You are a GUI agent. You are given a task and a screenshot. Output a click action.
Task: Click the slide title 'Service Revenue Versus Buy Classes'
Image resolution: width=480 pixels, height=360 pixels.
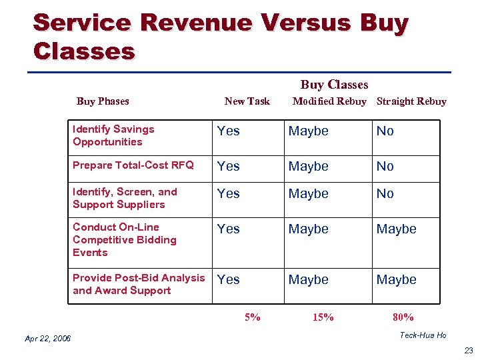220,37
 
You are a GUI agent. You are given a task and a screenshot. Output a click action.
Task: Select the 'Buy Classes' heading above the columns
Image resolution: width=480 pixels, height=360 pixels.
334,85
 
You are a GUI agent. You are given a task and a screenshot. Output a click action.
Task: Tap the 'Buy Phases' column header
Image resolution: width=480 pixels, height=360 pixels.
103,101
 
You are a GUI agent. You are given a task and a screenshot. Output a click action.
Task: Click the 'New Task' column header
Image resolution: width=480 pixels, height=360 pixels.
247,101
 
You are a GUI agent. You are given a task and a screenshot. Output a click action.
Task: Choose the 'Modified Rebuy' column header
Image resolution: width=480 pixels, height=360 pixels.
329,101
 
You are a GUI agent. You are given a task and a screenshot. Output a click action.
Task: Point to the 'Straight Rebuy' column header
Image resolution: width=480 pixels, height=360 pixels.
411,101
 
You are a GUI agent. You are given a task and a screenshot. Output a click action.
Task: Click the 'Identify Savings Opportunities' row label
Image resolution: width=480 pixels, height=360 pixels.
113,135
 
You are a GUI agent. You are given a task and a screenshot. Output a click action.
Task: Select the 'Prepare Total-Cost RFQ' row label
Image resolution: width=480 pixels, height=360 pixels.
133,165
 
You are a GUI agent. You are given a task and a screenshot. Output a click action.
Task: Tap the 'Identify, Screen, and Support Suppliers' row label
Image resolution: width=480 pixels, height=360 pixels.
125,198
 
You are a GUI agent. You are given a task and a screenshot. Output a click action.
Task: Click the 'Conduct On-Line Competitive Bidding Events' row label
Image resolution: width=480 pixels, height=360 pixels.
125,239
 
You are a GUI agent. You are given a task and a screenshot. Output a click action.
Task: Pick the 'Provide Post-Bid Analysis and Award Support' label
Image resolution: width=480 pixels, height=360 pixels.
139,284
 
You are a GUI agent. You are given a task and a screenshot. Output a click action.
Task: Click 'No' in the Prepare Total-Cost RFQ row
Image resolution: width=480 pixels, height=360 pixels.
385,166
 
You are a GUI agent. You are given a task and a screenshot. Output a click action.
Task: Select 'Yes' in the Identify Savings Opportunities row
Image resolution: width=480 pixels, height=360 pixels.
229,131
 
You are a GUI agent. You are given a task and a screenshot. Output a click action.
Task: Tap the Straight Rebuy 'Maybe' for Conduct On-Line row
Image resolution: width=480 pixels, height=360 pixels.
396,229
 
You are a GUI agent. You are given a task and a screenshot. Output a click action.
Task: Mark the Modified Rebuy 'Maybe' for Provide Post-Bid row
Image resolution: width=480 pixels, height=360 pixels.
308,280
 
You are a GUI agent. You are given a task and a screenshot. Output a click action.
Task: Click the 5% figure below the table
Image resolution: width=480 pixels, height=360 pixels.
252,317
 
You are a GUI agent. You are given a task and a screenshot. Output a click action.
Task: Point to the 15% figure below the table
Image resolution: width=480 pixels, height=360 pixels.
323,317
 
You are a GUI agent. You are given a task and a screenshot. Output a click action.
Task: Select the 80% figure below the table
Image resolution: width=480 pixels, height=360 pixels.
403,317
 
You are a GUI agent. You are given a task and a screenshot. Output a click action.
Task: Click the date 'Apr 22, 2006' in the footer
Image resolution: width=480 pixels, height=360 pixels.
48,339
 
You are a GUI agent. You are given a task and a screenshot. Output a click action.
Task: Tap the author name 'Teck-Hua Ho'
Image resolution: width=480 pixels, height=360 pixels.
423,335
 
